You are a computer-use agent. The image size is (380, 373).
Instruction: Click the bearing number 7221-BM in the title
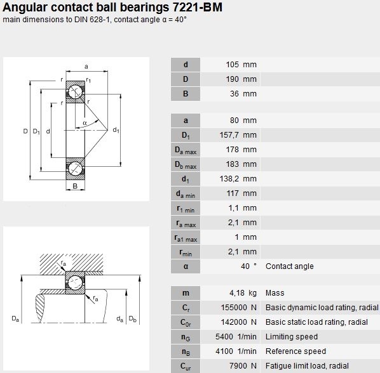click(197, 7)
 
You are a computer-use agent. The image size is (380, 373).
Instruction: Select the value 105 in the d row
click(232, 65)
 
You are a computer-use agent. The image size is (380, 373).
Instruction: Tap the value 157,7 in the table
click(229, 135)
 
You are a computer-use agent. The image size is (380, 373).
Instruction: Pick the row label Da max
click(186, 150)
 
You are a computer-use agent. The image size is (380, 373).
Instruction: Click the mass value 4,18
click(237, 293)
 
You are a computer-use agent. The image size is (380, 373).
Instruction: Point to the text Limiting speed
click(292, 336)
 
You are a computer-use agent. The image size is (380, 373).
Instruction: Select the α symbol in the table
click(186, 266)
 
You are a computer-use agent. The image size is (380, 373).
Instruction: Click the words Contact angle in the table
click(290, 266)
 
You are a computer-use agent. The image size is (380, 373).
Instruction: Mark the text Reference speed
click(295, 351)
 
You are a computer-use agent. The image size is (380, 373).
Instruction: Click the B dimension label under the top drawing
click(75, 186)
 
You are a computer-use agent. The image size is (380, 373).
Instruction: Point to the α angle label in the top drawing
click(85, 123)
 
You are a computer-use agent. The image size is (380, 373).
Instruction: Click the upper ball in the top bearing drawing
click(76, 92)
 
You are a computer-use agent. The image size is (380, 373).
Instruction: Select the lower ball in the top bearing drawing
click(76, 168)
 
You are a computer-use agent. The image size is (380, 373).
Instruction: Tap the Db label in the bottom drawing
click(133, 318)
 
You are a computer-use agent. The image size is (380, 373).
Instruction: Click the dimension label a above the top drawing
click(86, 67)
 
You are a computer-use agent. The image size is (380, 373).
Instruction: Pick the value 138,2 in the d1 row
click(229, 179)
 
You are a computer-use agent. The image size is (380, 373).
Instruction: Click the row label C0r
click(186, 322)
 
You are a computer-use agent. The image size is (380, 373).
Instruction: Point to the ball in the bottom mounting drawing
click(75, 282)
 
